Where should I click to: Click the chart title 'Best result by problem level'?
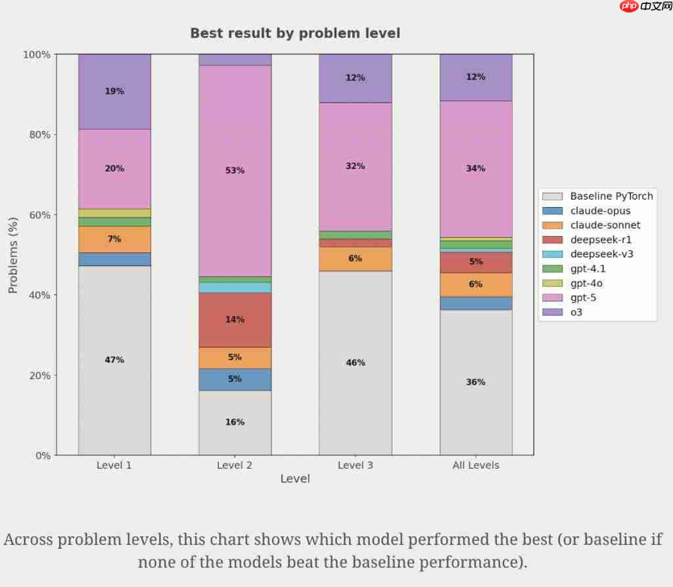pos(295,33)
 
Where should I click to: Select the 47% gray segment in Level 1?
pos(114,360)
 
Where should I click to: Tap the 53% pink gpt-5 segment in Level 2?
pos(235,171)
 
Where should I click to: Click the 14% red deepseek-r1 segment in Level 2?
pos(235,319)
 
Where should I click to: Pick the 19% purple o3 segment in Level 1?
pos(114,91)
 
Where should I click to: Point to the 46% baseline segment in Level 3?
pos(356,363)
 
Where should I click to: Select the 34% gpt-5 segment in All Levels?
pos(476,169)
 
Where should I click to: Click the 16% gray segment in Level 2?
pos(235,422)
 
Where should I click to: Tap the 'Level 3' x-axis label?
pos(356,465)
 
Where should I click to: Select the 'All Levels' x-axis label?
pos(476,465)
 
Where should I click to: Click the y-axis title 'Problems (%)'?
pos(13,254)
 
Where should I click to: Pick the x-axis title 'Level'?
pos(295,479)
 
